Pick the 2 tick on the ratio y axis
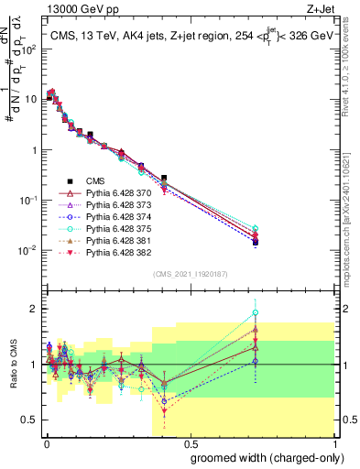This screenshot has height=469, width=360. coord(32,309)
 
